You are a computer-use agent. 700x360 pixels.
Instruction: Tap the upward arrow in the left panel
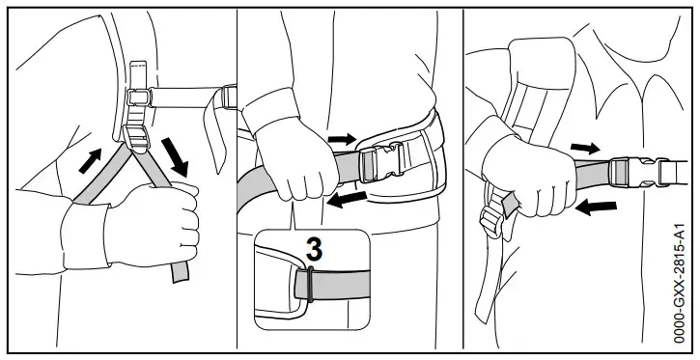click(90, 159)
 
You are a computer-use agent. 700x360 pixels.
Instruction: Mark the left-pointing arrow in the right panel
click(599, 206)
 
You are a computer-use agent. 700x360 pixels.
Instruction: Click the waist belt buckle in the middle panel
click(381, 162)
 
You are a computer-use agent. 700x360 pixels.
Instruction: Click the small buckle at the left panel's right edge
click(228, 97)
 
